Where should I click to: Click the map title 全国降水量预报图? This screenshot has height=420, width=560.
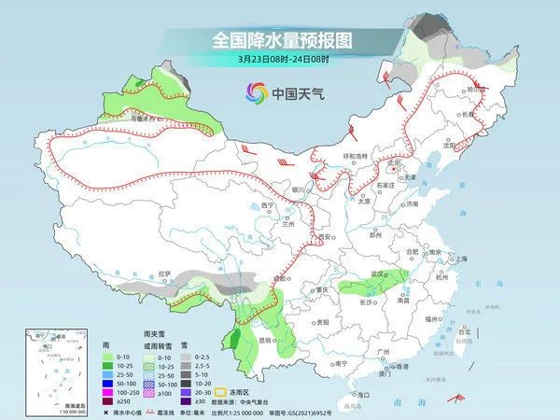click(x=279, y=40)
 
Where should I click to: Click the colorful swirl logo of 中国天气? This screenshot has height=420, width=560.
click(x=256, y=92)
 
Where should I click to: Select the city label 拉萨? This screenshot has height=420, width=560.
click(x=165, y=273)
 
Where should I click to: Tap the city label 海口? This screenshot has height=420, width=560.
click(x=362, y=395)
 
